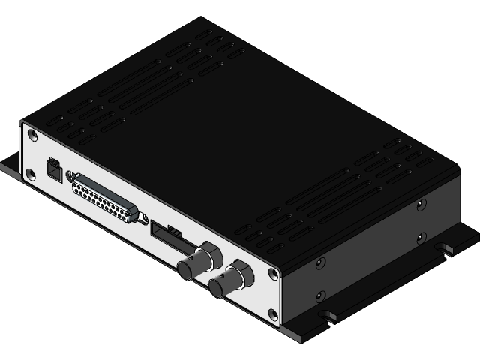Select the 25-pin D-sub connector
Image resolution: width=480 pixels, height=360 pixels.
tap(106, 198)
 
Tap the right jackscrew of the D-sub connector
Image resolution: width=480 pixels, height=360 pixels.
tap(140, 217)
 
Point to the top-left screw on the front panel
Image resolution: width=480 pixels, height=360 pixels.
tap(31, 135)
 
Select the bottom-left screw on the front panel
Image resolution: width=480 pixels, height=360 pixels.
tap(30, 175)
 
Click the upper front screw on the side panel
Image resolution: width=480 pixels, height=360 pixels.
tap(321, 262)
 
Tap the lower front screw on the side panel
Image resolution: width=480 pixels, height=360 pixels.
tap(321, 296)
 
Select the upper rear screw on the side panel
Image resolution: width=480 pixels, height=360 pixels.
tap(422, 202)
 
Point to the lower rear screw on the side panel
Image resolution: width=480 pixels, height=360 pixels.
tap(421, 238)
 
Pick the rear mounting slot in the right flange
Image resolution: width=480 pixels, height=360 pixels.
tap(448, 247)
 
